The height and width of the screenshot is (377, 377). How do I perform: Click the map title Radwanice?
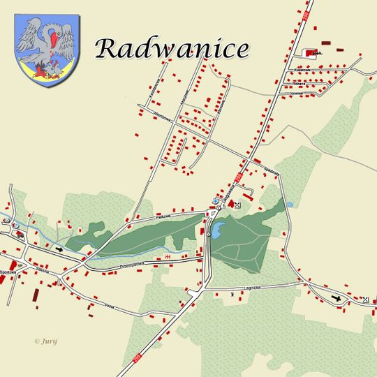click(x=172, y=48)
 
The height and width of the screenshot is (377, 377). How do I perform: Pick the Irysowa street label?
click(x=298, y=92)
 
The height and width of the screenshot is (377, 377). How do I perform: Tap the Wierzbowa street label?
click(x=154, y=117)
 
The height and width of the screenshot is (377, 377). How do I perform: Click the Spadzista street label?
click(x=272, y=170)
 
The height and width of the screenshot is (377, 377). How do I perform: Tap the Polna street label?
click(x=109, y=306)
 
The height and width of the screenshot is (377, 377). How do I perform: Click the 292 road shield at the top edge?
click(x=305, y=12)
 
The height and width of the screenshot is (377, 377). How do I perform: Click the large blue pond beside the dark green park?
click(x=219, y=228)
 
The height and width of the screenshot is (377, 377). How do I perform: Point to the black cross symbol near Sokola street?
click(x=58, y=248)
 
